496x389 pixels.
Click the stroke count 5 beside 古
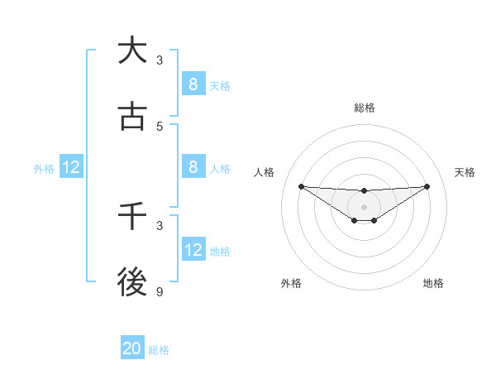click(160, 127)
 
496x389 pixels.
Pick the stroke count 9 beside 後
click(160, 292)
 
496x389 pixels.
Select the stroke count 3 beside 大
click(160, 60)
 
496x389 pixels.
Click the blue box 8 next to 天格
click(193, 84)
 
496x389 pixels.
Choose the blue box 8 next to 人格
click(193, 166)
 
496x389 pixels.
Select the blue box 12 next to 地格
click(193, 249)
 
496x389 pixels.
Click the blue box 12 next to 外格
click(71, 167)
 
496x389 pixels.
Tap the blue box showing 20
click(131, 348)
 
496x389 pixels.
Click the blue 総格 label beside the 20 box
click(159, 350)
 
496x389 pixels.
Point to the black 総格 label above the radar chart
click(364, 108)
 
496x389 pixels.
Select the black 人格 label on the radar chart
click(265, 172)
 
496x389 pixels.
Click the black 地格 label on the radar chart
click(433, 283)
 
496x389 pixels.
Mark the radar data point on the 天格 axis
click(427, 185)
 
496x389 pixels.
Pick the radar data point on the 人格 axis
click(301, 186)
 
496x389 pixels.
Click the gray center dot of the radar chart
click(364, 206)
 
